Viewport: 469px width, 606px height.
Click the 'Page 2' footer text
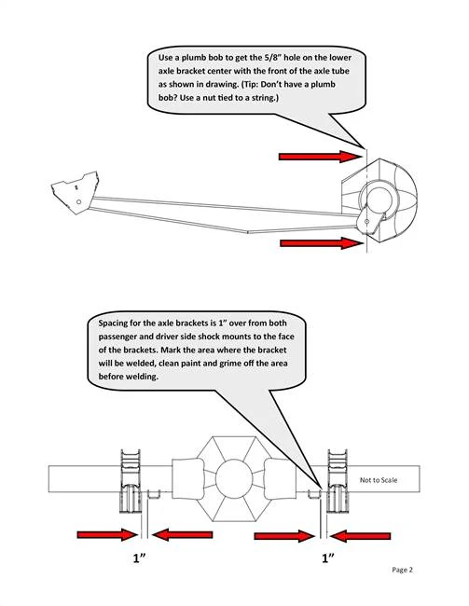(402, 570)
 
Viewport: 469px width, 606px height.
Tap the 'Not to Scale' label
(379, 480)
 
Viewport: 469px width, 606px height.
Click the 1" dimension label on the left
(139, 558)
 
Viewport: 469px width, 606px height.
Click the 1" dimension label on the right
(328, 558)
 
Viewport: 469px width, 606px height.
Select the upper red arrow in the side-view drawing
(320, 157)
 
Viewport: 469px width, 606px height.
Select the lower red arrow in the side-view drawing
(322, 243)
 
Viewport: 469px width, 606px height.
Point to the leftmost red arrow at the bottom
(107, 535)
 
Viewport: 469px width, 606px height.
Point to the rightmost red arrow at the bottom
(360, 536)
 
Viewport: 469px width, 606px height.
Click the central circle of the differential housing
(234, 479)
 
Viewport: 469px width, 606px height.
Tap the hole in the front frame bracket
(79, 201)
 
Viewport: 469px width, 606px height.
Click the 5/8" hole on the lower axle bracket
(366, 222)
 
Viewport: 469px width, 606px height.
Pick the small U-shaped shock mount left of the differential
(154, 494)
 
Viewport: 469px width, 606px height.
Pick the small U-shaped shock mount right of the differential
(313, 494)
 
